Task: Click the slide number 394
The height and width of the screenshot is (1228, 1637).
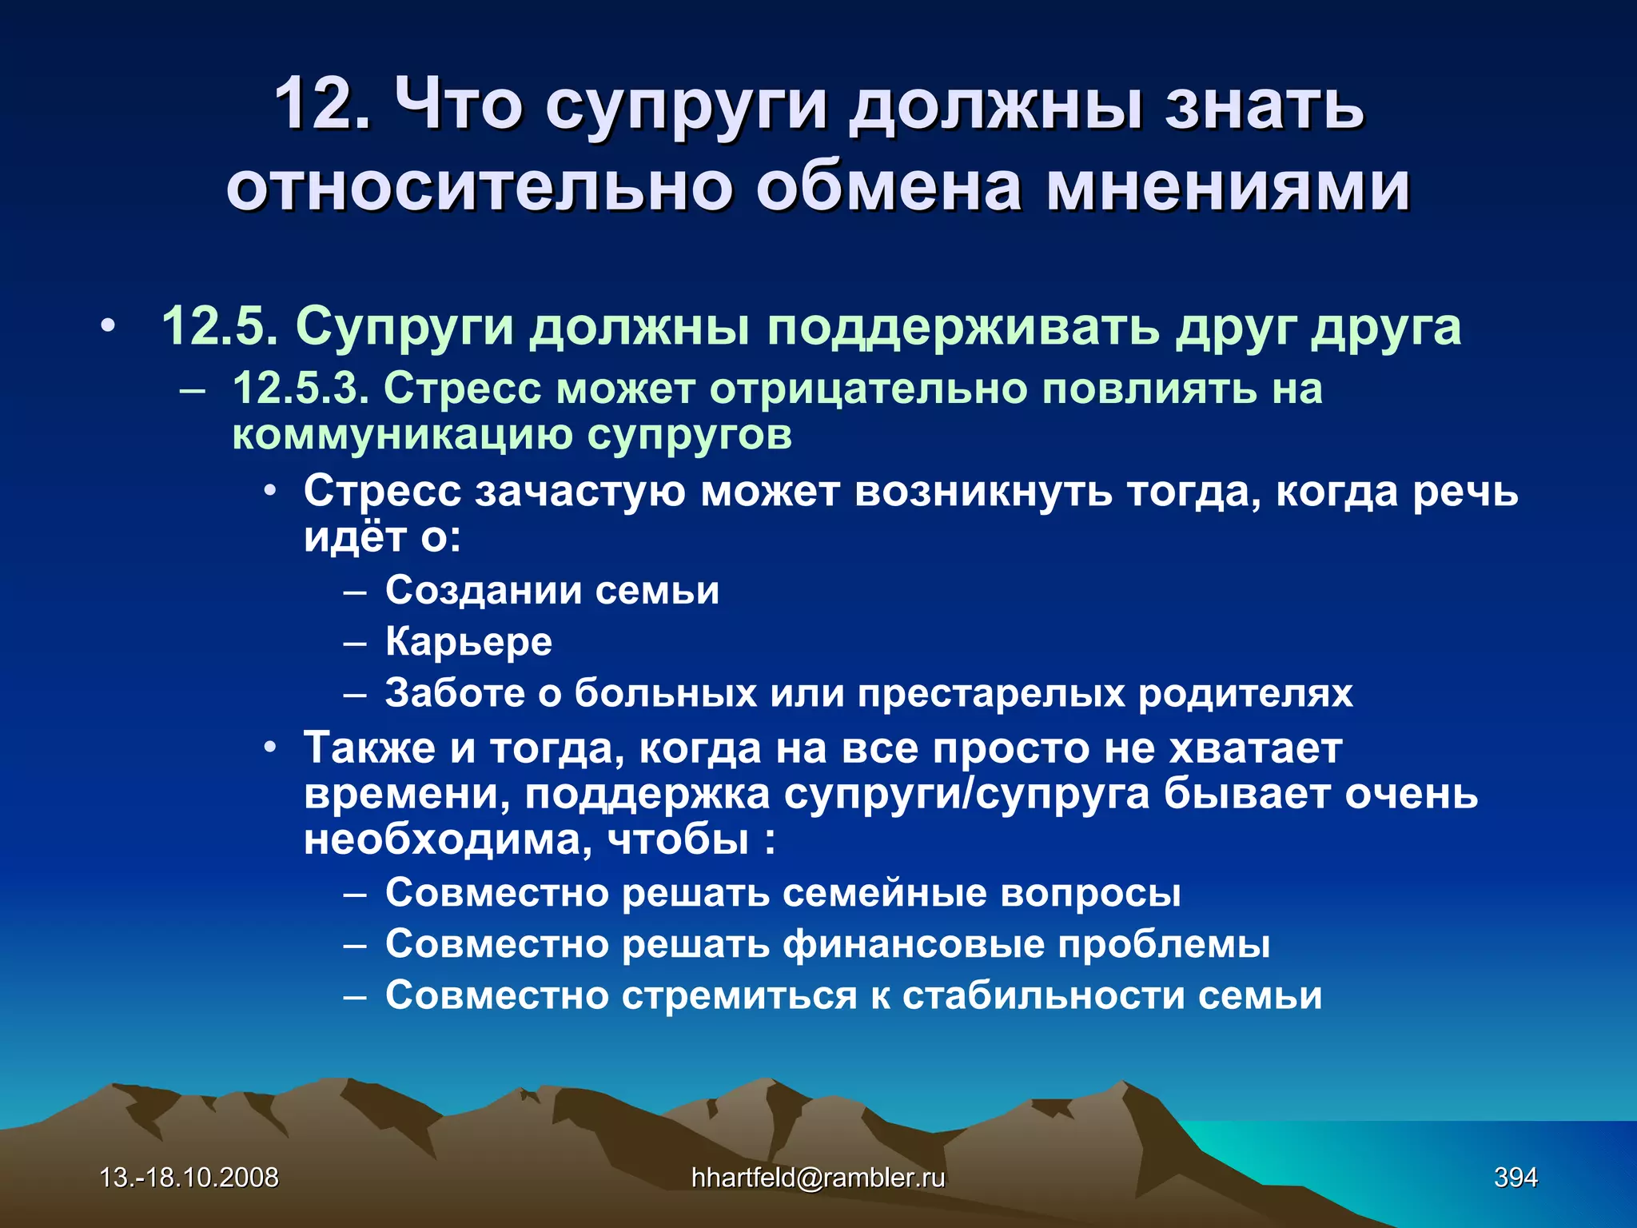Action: click(1516, 1178)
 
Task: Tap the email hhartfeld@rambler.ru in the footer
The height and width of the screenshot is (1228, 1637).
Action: click(818, 1178)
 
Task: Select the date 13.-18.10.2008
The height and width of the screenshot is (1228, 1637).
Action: click(189, 1178)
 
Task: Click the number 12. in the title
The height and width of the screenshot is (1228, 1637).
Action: click(322, 105)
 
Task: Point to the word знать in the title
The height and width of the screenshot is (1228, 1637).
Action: click(1264, 105)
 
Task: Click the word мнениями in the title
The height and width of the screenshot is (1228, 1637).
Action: click(1229, 187)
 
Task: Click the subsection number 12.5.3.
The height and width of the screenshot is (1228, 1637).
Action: click(301, 389)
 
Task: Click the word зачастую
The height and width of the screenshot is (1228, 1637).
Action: click(580, 491)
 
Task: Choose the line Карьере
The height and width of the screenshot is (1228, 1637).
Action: click(468, 641)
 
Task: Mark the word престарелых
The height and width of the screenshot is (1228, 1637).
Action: click(991, 693)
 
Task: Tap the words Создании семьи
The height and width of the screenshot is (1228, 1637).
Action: click(552, 590)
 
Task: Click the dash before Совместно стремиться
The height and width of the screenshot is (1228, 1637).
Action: click(355, 996)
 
